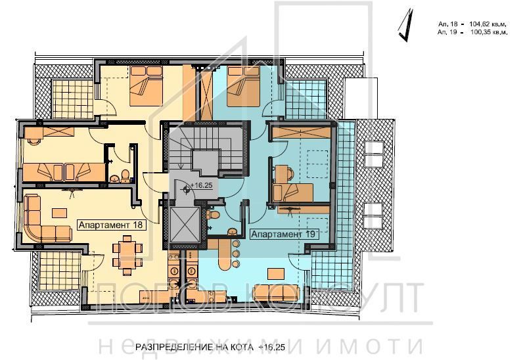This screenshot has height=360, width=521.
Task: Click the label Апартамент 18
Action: [111, 224]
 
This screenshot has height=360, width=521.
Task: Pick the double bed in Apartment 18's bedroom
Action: [146, 88]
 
